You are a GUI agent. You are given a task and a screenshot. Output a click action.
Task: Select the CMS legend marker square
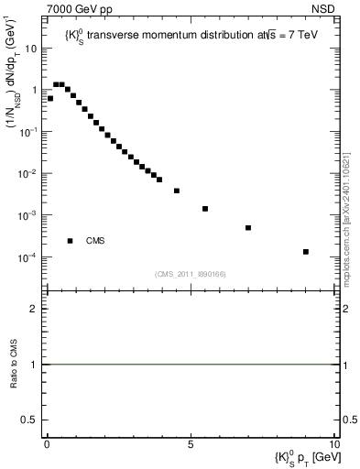coord(71,241)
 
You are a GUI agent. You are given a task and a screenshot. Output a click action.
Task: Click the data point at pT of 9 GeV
coord(305,251)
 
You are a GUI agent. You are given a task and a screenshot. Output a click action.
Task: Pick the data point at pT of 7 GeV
coord(248,227)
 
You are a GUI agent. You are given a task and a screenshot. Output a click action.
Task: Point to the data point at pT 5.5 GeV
coord(205,209)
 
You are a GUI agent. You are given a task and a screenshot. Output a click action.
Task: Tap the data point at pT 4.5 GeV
coord(177,191)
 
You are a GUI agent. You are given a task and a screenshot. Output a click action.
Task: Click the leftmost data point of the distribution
coord(50,98)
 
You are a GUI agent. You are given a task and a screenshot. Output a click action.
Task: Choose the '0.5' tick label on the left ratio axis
coord(31,420)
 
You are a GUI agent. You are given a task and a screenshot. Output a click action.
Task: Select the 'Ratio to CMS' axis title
coord(14,365)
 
